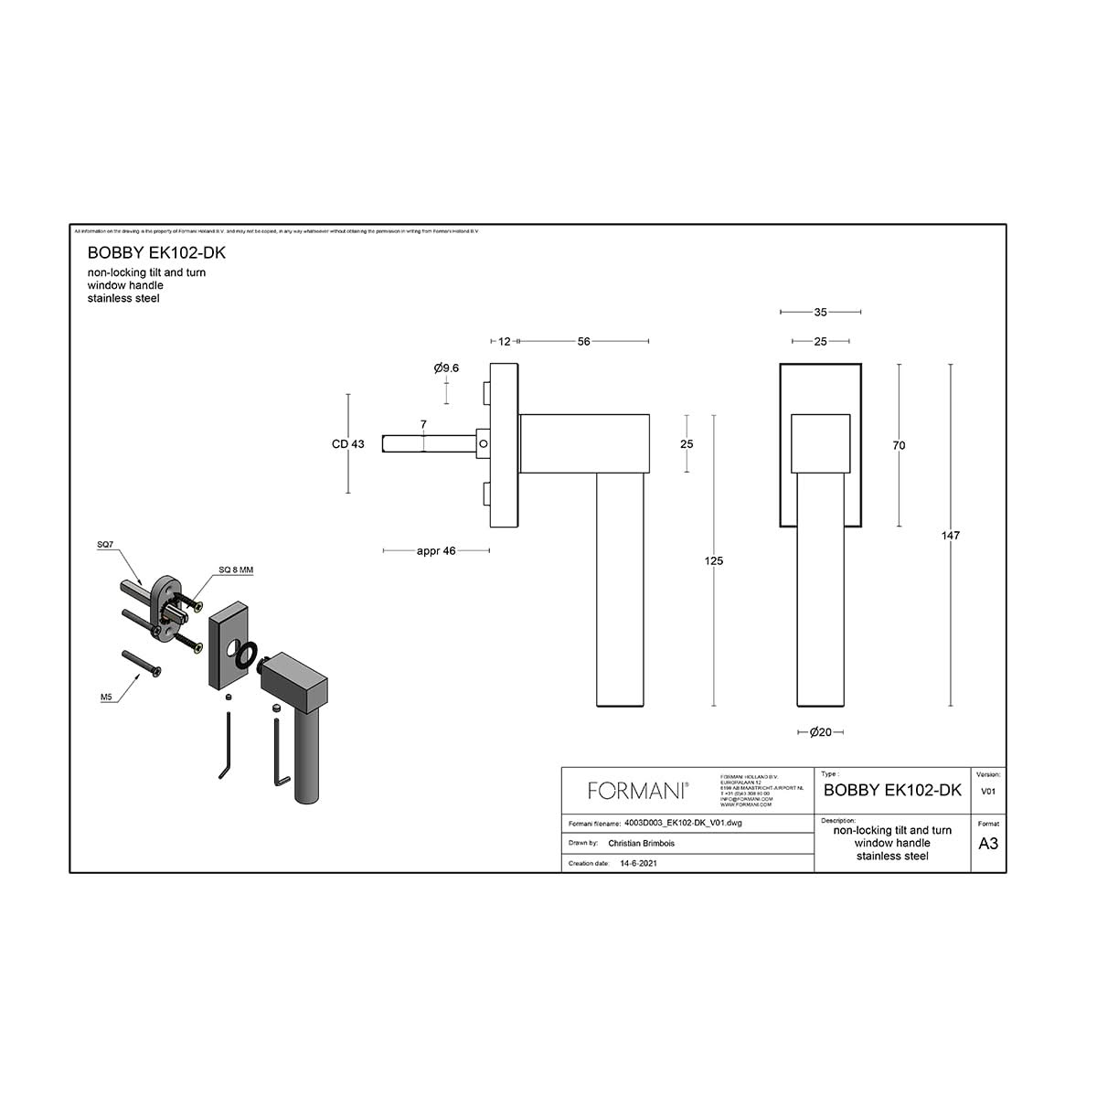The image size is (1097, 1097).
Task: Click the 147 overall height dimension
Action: (x=951, y=536)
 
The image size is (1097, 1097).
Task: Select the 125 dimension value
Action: (x=714, y=561)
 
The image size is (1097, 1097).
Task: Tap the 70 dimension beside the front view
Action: (x=899, y=445)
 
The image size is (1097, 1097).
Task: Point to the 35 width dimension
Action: (x=820, y=313)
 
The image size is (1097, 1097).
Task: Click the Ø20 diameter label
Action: (x=820, y=732)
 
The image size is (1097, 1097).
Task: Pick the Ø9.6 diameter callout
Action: (x=446, y=367)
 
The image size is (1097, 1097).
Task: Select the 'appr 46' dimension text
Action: (x=436, y=551)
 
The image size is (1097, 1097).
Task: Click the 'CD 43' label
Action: (x=347, y=444)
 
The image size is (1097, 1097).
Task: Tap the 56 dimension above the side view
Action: (x=583, y=342)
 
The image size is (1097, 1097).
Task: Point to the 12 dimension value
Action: (x=505, y=342)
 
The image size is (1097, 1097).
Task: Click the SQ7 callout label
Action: (x=105, y=545)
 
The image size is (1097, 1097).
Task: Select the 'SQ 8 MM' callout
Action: (x=236, y=570)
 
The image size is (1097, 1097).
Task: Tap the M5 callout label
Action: (x=106, y=697)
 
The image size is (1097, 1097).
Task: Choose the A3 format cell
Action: (x=988, y=844)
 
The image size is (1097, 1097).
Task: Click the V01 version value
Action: (x=988, y=792)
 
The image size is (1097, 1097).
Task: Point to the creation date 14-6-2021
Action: (x=638, y=863)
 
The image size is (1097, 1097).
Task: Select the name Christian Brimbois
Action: (x=641, y=844)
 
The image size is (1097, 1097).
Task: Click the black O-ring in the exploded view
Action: (x=246, y=655)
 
